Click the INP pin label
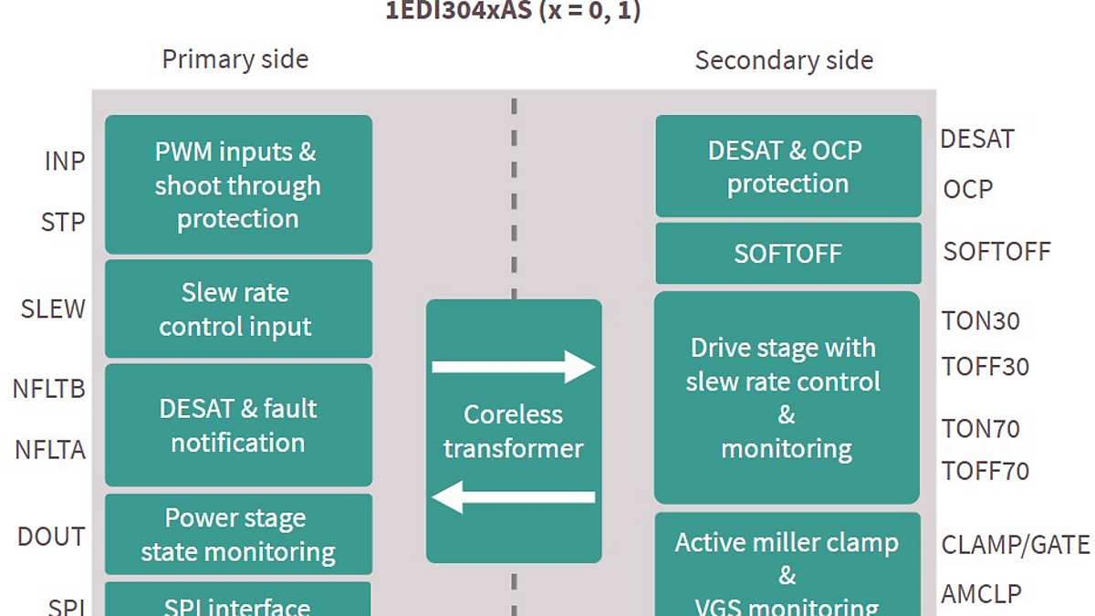click(65, 162)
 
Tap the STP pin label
click(63, 222)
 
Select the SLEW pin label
click(53, 309)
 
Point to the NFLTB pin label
click(49, 389)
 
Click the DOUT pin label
click(51, 537)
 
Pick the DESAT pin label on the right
click(977, 140)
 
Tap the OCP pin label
click(968, 190)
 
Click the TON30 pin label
click(981, 321)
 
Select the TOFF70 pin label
click(985, 471)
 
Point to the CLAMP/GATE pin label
click(1016, 546)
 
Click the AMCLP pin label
click(982, 593)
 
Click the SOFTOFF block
click(788, 254)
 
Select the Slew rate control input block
click(238, 309)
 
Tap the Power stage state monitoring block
click(238, 535)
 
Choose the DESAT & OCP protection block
click(788, 166)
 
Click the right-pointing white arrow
click(514, 367)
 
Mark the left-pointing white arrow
click(514, 497)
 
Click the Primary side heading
click(235, 60)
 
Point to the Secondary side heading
click(784, 61)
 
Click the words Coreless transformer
click(514, 431)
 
